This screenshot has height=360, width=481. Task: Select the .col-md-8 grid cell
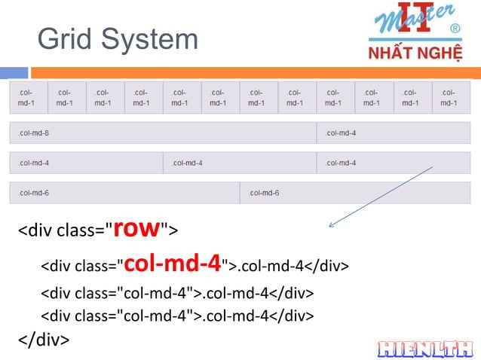click(x=162, y=133)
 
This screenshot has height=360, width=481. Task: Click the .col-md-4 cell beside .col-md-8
click(x=394, y=133)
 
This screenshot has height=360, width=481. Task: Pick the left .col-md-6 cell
click(x=124, y=193)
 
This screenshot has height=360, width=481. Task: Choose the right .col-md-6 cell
click(x=355, y=193)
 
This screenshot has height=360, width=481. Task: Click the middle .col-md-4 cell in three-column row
click(x=240, y=163)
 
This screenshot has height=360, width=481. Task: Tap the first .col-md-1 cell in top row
click(x=28, y=97)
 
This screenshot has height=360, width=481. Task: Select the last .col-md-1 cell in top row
click(x=451, y=97)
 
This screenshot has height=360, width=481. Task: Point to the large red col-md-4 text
click(x=172, y=264)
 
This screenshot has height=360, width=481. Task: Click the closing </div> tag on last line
click(x=44, y=340)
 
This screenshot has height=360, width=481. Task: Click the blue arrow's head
click(x=332, y=225)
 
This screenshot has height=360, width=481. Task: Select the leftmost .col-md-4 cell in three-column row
click(x=85, y=163)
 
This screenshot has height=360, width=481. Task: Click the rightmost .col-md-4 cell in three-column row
click(x=394, y=163)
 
